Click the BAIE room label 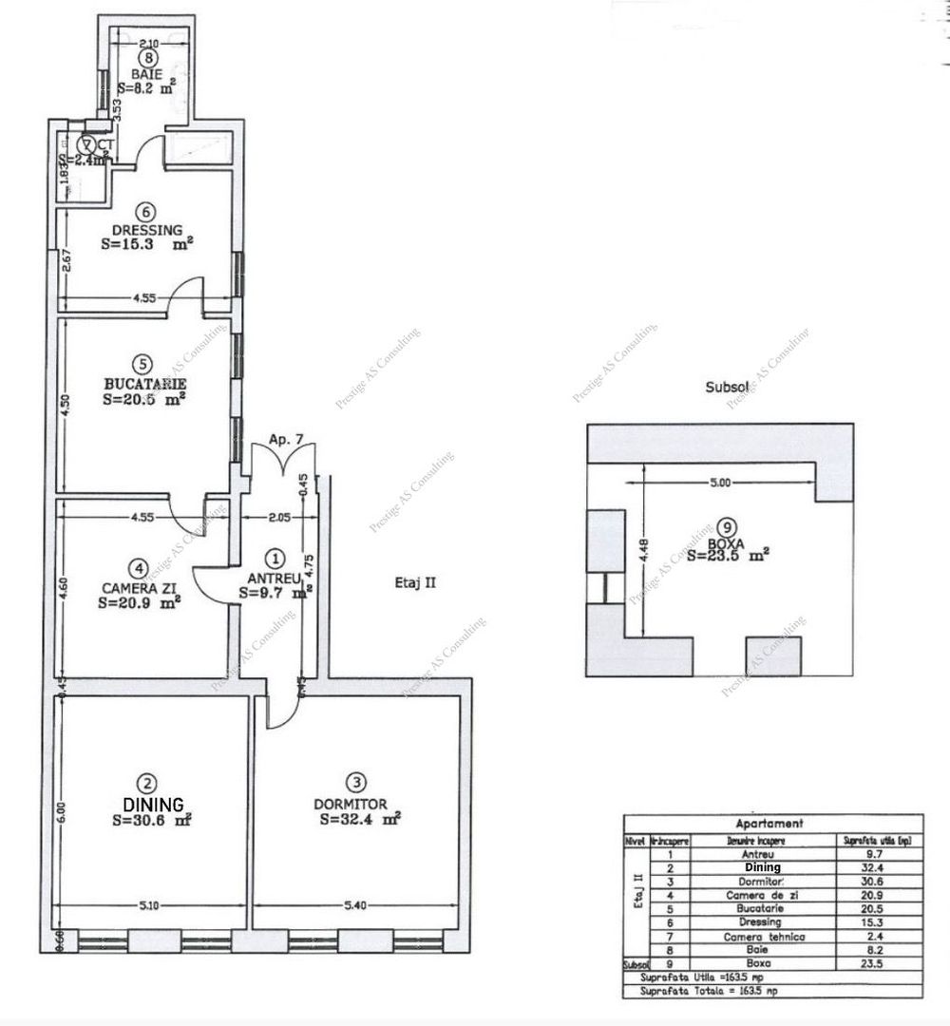(147, 73)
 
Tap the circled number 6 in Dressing (145, 212)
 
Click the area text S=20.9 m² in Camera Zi (141, 602)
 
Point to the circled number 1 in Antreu (275, 559)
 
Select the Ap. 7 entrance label (285, 440)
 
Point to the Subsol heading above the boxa (727, 387)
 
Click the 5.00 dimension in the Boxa (720, 483)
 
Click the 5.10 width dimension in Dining (149, 905)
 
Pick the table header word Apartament (770, 824)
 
